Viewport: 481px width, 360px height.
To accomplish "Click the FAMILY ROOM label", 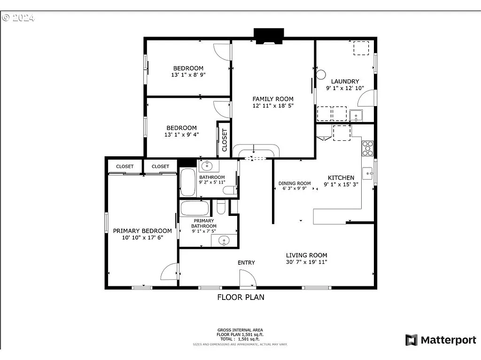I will (x=273, y=99).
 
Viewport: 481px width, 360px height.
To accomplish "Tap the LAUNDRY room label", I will (x=345, y=81).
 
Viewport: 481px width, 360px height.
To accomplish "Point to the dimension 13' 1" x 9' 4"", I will (x=182, y=135).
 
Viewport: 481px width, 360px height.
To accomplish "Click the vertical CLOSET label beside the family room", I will (x=224, y=140).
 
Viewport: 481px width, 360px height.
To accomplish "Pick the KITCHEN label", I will (x=341, y=177).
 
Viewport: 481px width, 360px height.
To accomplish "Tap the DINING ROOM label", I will (x=295, y=184).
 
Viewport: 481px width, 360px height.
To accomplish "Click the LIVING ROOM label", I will (x=306, y=255).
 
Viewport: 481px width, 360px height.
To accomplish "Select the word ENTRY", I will (x=246, y=262).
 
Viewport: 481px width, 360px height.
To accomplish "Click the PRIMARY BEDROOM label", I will (x=142, y=231).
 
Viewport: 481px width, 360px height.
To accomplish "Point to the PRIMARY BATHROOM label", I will (x=203, y=223).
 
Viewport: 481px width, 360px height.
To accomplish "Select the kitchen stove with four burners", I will (x=367, y=148).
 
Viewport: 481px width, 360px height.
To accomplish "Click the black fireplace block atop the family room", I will (x=269, y=35).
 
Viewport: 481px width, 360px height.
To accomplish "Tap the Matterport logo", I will (x=441, y=340).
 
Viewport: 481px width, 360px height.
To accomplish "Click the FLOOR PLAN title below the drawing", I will (x=240, y=297).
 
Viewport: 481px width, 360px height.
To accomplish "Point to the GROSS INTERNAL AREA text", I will (x=240, y=330).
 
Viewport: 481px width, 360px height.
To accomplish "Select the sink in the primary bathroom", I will (x=224, y=241).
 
